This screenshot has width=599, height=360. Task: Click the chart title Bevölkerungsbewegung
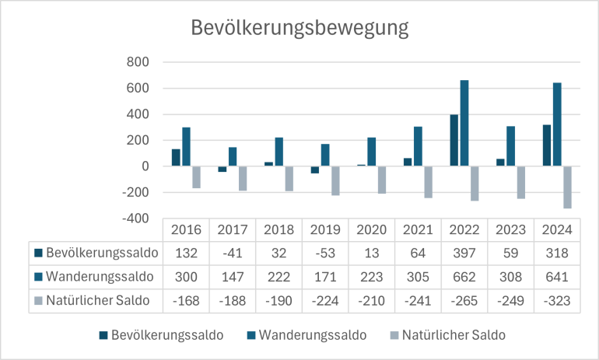299,29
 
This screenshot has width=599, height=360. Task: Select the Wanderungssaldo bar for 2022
464,123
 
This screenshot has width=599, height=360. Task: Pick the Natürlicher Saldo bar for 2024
566,187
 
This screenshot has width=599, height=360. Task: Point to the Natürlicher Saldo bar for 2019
335,181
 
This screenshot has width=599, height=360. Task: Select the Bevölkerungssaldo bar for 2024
548,145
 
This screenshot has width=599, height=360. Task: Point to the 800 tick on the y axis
138,62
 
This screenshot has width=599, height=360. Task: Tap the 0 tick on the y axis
145,166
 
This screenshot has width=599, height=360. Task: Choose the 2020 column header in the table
371,230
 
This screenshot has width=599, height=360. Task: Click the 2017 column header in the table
232,230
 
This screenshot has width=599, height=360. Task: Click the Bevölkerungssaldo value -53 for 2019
324,253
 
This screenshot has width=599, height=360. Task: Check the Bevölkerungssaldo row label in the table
101,253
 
